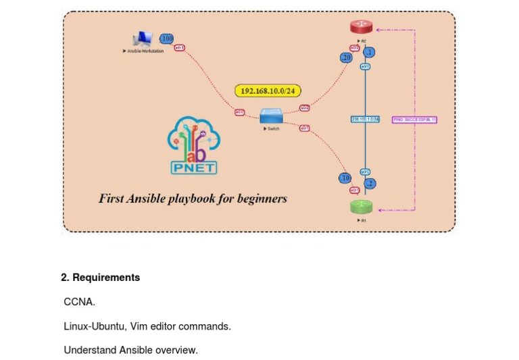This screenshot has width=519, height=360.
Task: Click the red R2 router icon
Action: coord(362,27)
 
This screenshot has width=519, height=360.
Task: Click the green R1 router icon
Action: coord(362,207)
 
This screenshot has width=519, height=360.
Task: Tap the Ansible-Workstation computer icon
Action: coord(143,39)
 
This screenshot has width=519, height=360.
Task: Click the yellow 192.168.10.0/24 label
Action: coord(268,91)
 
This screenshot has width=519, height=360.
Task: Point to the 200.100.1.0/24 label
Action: coord(365,120)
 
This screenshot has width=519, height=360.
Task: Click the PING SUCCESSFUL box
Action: coord(414,120)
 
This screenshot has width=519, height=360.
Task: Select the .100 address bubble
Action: coord(166,38)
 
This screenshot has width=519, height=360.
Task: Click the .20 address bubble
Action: coord(347,58)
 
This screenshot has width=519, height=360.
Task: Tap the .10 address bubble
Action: coord(345,178)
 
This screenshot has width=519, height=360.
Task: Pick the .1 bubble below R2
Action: coord(369,52)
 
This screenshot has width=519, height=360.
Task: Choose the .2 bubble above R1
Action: coord(370,183)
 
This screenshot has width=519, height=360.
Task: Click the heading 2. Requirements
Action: coord(100,278)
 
